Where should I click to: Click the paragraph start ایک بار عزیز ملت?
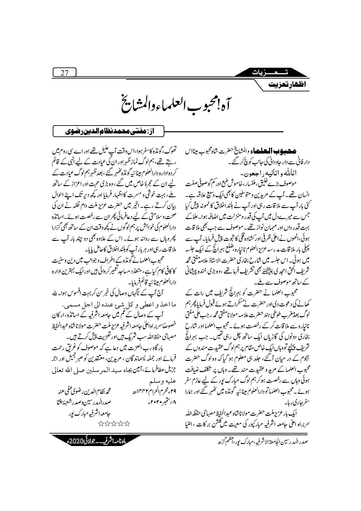279,413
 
